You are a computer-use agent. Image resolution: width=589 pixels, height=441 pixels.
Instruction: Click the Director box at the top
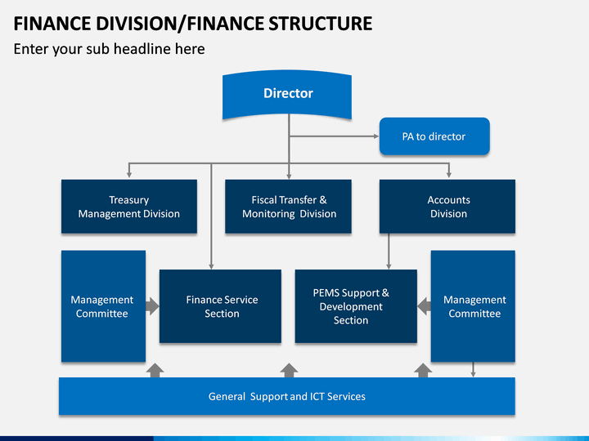pos(287,95)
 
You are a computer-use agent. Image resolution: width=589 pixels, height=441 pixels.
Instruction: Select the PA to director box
pos(434,136)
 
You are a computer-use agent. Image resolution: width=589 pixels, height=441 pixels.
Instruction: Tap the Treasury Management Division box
pos(129,207)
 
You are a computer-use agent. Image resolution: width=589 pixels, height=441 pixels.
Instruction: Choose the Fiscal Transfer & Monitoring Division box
pos(288,207)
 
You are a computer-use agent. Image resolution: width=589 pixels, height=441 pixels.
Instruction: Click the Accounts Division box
pos(447,207)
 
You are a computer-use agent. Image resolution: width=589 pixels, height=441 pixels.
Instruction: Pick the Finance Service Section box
pos(220,306)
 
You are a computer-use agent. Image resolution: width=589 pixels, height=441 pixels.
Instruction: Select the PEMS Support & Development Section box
pos(356,306)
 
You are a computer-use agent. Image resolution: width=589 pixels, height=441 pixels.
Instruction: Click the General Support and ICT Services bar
pos(287,396)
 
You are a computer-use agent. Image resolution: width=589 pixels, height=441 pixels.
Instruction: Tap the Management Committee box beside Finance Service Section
pos(103,306)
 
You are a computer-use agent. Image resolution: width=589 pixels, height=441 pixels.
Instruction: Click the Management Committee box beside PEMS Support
pos(473,306)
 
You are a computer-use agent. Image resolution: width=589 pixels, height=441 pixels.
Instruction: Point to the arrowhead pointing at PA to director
pos(376,136)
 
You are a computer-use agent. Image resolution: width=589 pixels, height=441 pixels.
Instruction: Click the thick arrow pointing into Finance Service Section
pos(152,306)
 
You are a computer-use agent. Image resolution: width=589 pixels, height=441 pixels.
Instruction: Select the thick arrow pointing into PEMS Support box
pos(424,306)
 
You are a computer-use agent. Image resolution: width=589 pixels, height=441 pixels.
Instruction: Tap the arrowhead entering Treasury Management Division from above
pos(129,175)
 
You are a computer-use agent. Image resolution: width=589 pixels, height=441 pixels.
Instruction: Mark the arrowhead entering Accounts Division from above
pos(448,175)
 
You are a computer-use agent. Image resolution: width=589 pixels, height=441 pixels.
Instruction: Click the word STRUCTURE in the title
pos(320,23)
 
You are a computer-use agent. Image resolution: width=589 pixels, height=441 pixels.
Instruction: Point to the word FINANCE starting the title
pos(52,23)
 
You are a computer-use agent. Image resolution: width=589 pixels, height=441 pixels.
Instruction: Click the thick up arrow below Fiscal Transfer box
pos(289,370)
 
